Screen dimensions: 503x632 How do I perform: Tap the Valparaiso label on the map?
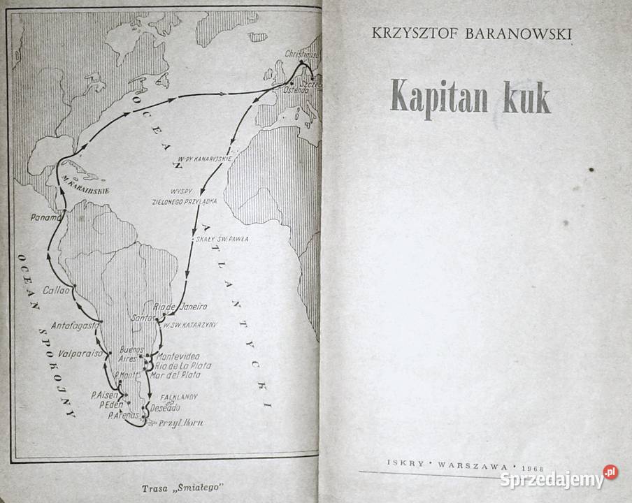pos(80,353)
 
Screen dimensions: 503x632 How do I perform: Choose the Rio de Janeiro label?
pos(182,306)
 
